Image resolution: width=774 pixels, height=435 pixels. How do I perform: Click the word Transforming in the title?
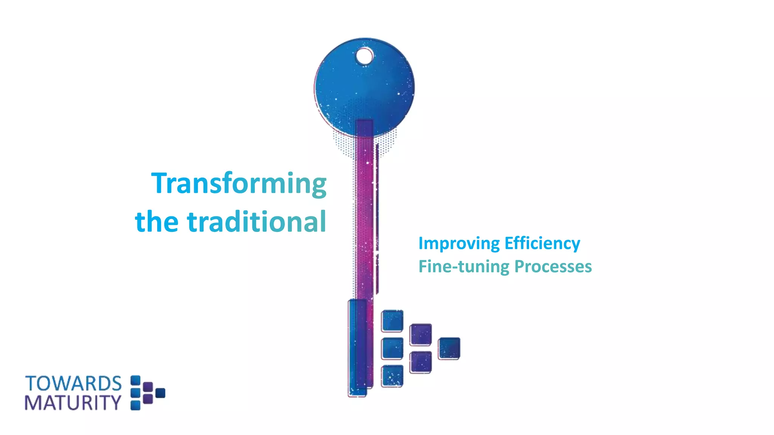point(239,184)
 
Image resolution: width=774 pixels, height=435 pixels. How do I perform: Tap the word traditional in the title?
point(257,222)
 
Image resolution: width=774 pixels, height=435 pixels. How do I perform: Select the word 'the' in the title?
point(157,222)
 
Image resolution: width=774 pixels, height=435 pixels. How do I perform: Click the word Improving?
point(459,244)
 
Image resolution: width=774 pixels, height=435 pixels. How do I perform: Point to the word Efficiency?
point(542,244)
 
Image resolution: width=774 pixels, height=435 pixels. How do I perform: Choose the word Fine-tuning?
point(464,267)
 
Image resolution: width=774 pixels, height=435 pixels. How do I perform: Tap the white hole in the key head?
point(364,57)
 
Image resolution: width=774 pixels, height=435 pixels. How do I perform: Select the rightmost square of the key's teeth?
point(449,348)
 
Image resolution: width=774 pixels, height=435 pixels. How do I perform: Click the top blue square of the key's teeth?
point(392,321)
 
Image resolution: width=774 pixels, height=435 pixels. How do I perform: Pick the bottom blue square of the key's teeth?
point(392,376)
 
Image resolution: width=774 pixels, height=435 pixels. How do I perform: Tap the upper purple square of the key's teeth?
point(421,335)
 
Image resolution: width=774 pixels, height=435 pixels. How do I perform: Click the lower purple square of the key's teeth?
point(421,362)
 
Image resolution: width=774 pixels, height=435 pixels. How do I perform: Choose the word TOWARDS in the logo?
point(73,384)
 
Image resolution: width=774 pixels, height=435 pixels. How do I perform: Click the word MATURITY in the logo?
point(73,403)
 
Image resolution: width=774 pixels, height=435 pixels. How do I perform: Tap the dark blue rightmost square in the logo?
point(160,393)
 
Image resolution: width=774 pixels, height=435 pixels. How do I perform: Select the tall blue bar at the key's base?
point(357,347)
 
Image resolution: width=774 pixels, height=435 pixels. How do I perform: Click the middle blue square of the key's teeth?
point(392,349)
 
